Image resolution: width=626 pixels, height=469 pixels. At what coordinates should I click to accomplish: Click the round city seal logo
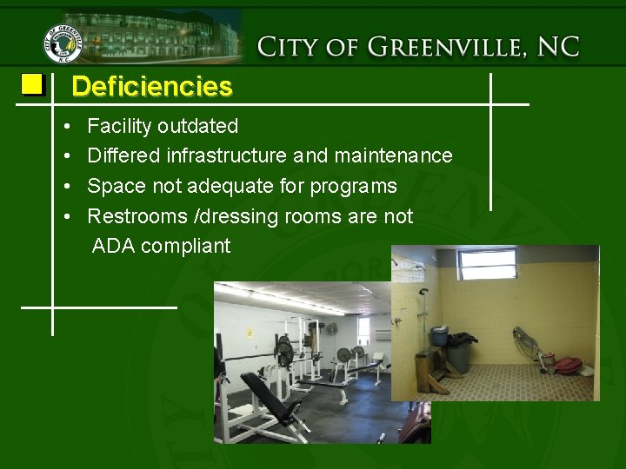pos(63,43)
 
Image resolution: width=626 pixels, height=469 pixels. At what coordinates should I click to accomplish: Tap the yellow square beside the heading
pos(32,84)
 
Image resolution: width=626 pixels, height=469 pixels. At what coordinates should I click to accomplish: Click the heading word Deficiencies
pos(152,87)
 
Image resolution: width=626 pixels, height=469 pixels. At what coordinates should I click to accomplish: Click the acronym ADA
pos(113,246)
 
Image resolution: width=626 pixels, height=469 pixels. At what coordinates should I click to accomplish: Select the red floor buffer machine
pos(564,363)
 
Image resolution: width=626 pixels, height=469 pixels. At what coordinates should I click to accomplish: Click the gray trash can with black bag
pos(458,352)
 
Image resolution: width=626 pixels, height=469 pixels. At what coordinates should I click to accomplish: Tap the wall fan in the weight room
pos(330,329)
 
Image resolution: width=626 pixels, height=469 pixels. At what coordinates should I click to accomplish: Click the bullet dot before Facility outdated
pos(68,127)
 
